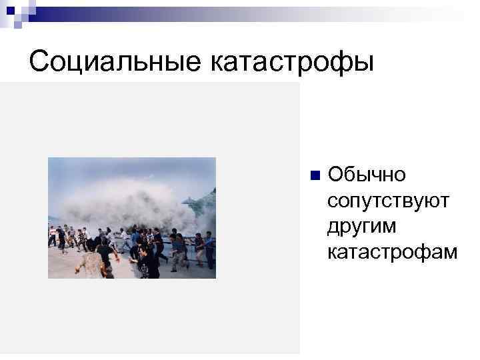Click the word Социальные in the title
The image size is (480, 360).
point(115,61)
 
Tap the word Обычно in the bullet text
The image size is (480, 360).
point(366,175)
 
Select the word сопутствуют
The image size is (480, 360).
point(389,201)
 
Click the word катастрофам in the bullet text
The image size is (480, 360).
point(393,253)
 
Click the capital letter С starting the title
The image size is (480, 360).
point(39,61)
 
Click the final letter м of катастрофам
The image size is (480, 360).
point(451,253)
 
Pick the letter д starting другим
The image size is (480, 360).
point(334,227)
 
